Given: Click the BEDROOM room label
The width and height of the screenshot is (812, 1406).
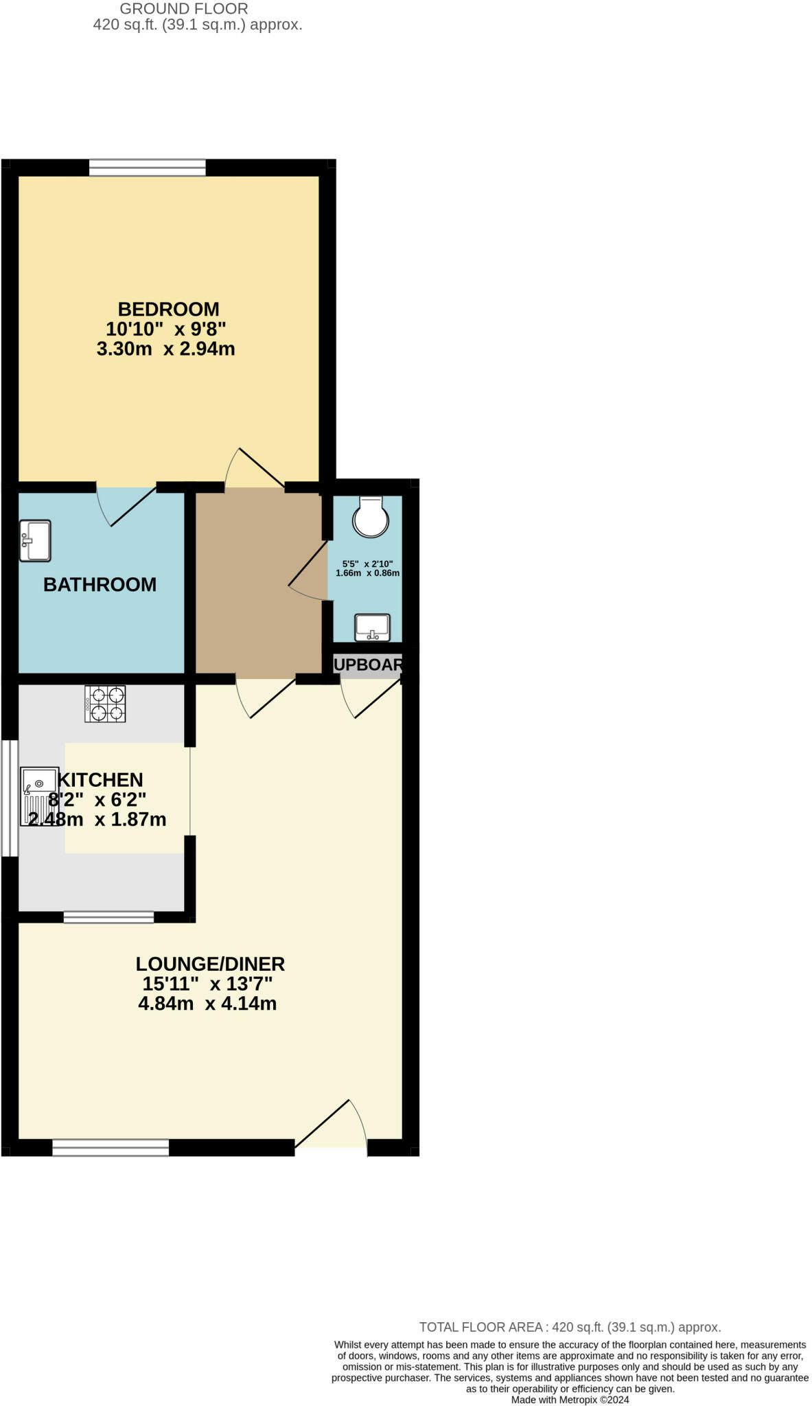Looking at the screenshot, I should [x=168, y=309].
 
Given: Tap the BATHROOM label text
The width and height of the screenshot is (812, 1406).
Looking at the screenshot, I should [x=100, y=584].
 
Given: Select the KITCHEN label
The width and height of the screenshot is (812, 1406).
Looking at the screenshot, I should [x=101, y=780].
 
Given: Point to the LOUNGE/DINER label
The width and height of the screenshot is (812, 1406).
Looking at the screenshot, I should [x=210, y=964].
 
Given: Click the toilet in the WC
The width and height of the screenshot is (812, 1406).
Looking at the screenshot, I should [x=370, y=516].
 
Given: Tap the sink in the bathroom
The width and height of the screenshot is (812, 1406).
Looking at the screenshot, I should [x=35, y=540].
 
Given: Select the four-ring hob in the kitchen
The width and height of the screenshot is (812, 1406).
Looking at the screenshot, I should [x=105, y=704].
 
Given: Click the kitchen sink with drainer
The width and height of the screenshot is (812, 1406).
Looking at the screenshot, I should [x=39, y=796].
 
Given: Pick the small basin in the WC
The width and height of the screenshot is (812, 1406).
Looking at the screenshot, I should [x=372, y=627].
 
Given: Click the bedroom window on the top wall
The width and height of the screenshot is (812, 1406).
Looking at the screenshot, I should [x=147, y=168].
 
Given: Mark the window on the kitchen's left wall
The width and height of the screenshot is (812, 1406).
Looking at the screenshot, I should [x=9, y=798].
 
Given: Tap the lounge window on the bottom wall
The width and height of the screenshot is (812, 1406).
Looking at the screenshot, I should [x=111, y=1147].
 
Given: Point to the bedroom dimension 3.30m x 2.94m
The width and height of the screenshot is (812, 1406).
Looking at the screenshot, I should [x=165, y=349].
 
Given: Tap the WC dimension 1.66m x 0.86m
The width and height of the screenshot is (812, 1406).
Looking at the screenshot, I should [x=367, y=573].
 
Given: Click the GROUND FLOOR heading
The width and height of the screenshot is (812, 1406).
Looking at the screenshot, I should [x=184, y=9].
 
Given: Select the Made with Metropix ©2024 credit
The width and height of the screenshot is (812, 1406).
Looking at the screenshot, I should [x=570, y=1400].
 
